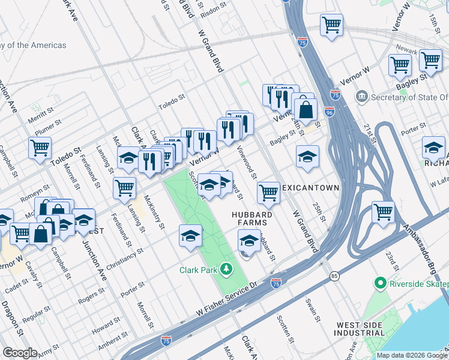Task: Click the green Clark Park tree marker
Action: click(x=226, y=269)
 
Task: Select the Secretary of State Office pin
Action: click(x=362, y=97)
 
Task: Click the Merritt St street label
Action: click(x=40, y=113)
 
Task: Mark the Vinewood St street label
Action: click(x=247, y=162)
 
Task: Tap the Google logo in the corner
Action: click(x=20, y=353)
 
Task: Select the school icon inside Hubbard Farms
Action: click(x=249, y=241)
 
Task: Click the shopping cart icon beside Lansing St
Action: click(x=124, y=187)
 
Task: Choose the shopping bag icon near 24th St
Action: click(x=306, y=109)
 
